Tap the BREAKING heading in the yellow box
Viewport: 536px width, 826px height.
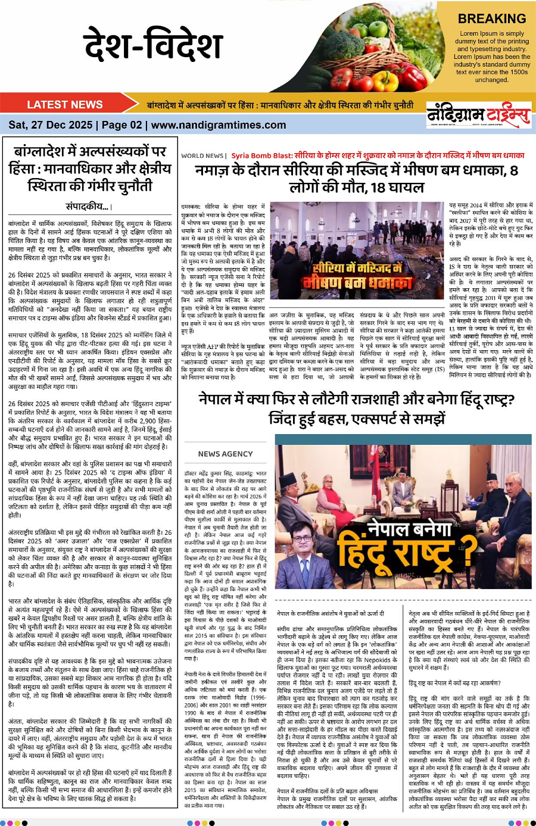491,19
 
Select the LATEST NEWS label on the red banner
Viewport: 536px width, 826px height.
65,105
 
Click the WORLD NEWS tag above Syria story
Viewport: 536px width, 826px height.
202,156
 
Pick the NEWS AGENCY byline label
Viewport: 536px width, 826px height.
225,454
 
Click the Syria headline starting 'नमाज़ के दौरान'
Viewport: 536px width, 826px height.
356,171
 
